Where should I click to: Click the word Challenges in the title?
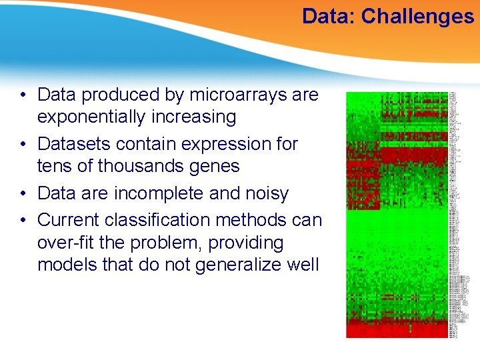tap(417, 16)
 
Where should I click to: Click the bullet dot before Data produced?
tap(23, 95)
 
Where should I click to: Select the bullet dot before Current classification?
tap(23, 220)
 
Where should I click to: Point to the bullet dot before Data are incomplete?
tap(23, 194)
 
